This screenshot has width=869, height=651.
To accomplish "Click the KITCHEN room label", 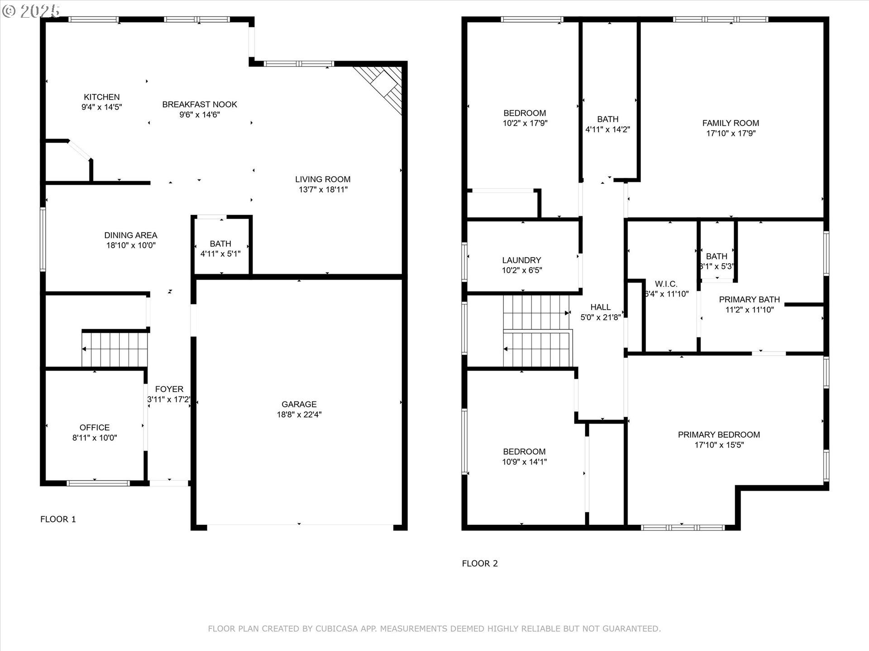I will click(102, 97).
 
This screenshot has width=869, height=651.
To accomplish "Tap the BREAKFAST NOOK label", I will click(200, 104).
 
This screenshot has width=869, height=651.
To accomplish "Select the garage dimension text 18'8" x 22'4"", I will click(299, 415).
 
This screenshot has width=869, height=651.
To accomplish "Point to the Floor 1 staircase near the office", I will click(115, 349).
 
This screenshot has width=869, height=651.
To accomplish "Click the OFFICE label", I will click(95, 428).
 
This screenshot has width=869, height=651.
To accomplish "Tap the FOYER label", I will click(169, 389).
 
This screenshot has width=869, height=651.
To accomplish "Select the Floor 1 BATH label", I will click(220, 244).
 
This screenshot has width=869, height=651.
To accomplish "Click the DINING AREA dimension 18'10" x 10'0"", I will click(131, 245).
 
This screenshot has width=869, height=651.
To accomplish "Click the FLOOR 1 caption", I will click(58, 519).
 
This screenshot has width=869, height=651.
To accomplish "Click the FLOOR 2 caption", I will click(480, 564).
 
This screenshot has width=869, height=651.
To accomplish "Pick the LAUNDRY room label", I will click(521, 260).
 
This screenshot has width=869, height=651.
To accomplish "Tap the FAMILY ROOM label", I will click(731, 123).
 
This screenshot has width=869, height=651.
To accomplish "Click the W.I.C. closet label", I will click(666, 284).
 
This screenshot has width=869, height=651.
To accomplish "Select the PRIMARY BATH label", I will click(749, 300).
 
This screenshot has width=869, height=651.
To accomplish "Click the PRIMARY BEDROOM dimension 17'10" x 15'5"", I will click(719, 445).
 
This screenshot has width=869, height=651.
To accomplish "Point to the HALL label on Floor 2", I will click(601, 307).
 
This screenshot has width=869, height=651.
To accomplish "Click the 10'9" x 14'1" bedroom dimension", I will click(525, 462).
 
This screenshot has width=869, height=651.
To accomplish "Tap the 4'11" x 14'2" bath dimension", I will click(607, 130).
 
